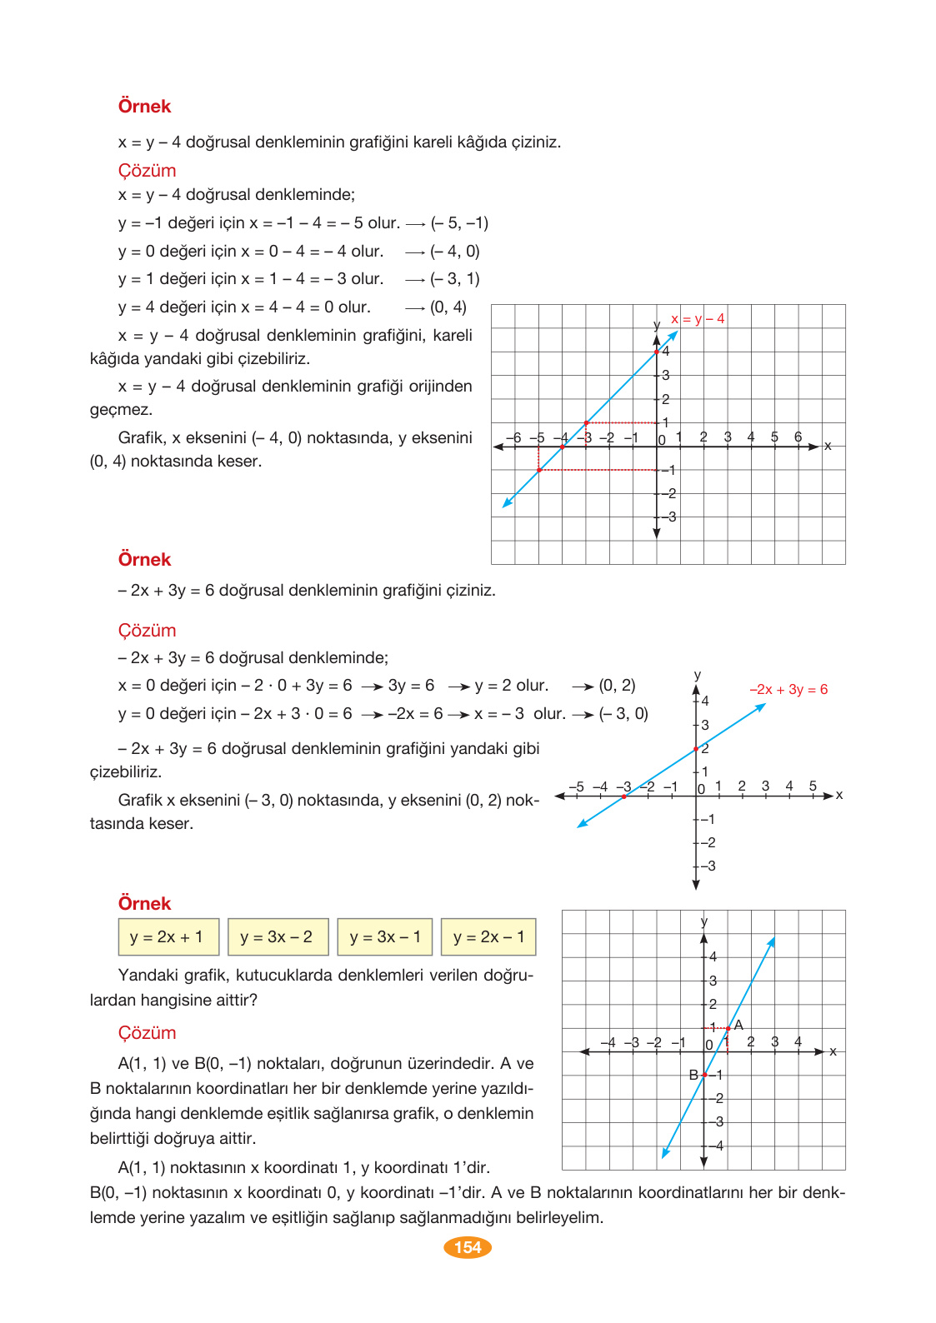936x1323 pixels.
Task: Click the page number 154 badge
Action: click(468, 1247)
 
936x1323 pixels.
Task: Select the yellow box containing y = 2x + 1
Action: click(168, 937)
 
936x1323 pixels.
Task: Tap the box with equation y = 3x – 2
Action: click(278, 937)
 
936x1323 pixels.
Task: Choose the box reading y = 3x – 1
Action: click(386, 937)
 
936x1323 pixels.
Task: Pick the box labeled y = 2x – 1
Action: click(488, 937)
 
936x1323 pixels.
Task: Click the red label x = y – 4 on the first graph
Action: click(698, 319)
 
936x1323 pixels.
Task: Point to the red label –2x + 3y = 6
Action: click(788, 690)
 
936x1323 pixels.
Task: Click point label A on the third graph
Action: click(738, 1026)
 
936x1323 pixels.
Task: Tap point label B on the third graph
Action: click(693, 1076)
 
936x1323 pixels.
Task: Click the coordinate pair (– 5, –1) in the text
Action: click(459, 223)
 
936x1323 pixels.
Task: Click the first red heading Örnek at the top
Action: click(144, 107)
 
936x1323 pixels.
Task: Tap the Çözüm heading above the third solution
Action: click(147, 1033)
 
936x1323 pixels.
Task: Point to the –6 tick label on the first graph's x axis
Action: click(513, 437)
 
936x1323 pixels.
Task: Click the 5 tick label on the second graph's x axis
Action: click(813, 786)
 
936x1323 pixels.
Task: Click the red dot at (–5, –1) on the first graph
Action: click(539, 470)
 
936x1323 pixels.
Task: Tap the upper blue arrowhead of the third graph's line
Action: click(772, 941)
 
